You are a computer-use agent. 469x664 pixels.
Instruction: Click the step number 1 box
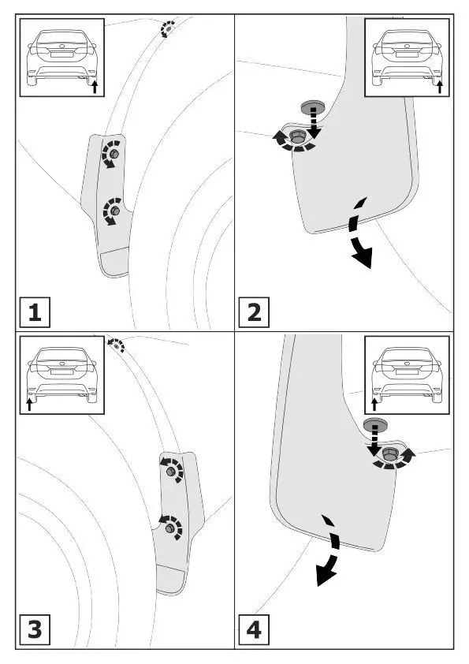tap(35, 312)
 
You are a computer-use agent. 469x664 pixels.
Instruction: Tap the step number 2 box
tap(254, 312)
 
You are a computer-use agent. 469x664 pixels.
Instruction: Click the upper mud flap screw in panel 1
tap(114, 155)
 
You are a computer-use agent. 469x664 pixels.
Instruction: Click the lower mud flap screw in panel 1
tap(115, 211)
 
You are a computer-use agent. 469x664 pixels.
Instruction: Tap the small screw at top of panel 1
tap(168, 29)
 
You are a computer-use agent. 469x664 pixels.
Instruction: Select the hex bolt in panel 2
tap(296, 136)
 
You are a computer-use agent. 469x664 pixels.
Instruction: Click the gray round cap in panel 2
tap(311, 106)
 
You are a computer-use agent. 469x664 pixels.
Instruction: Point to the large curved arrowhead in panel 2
tap(363, 257)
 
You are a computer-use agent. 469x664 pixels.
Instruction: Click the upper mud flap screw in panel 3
tap(171, 472)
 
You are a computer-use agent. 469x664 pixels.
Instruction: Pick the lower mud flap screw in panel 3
tap(170, 528)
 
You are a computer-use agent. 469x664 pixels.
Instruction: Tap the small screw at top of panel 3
tap(117, 345)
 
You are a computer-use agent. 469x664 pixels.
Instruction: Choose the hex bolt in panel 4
tap(389, 454)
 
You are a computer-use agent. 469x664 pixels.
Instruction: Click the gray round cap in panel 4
tap(374, 424)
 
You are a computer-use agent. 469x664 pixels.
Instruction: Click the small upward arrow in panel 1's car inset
tap(95, 87)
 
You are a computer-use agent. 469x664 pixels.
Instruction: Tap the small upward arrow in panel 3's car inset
tap(29, 404)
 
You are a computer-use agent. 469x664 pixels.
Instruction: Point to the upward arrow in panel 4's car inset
tap(374, 404)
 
